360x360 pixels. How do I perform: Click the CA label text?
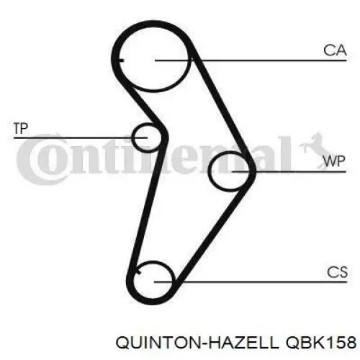point(335,50)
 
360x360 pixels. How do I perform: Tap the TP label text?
point(21,128)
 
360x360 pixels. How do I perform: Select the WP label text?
point(334,161)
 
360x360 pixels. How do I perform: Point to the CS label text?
point(337,272)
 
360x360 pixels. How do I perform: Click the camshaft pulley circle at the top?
point(153,91)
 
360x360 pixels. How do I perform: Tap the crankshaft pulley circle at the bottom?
point(153,261)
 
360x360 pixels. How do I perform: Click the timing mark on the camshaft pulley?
point(122,60)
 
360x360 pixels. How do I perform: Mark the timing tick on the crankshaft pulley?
point(138,272)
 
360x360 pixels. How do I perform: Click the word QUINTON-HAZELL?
point(197,343)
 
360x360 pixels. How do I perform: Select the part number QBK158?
point(320,342)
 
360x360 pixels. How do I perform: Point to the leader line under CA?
point(251,60)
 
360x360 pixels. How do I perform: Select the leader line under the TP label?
point(80,138)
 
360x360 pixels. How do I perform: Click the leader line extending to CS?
point(251,282)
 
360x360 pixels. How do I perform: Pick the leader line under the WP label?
point(289,171)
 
